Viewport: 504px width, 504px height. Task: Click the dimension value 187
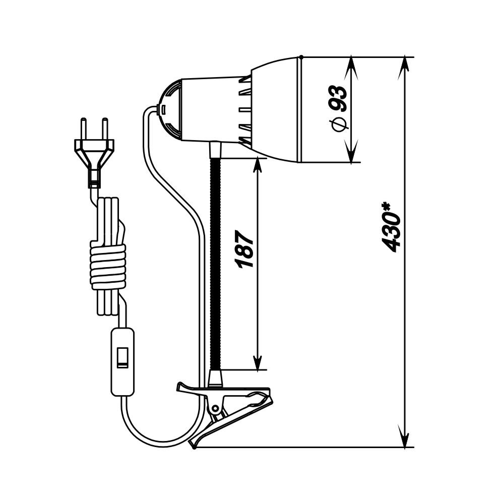tap(245, 248)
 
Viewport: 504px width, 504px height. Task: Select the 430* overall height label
tap(393, 227)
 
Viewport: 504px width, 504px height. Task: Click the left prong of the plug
tap(84, 129)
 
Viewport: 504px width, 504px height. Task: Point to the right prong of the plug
tap(104, 129)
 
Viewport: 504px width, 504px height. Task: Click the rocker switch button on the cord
tap(122, 357)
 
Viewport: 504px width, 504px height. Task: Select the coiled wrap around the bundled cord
tap(108, 267)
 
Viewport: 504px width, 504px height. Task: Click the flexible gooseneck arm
tap(215, 264)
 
